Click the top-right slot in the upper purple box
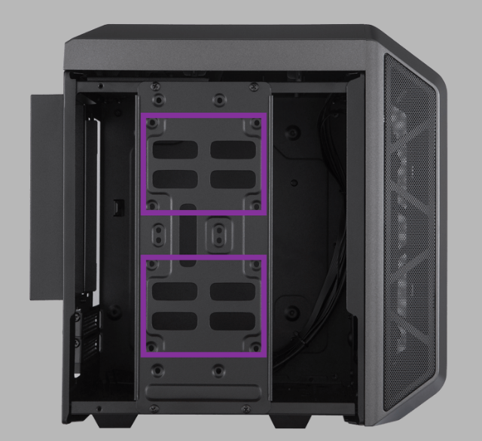pos(232,149)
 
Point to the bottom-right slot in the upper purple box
pos(232,179)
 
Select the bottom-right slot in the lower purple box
pos(232,320)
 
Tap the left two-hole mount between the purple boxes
pos(160,235)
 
